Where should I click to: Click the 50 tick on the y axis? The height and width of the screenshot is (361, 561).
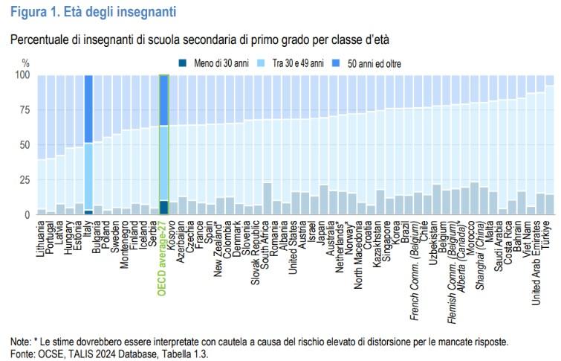[x=25, y=145]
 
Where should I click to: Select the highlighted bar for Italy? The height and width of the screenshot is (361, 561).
[x=88, y=145]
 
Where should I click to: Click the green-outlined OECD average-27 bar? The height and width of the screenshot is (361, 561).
[x=164, y=145]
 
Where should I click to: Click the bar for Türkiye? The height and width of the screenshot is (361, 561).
[x=550, y=145]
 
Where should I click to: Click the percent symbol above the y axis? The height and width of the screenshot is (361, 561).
[x=25, y=63]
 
